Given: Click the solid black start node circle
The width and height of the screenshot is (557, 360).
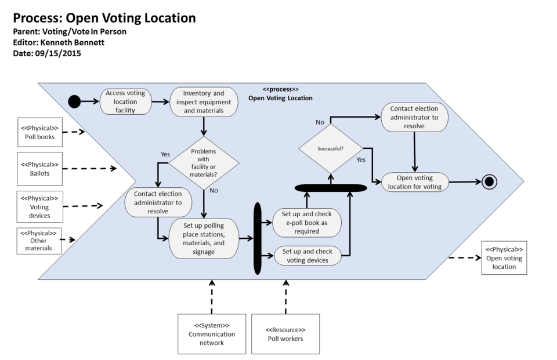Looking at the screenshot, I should click(x=74, y=101).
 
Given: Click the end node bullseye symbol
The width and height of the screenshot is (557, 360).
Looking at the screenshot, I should click(x=490, y=181).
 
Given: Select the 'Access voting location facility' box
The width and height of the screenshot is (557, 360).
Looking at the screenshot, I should click(x=125, y=101).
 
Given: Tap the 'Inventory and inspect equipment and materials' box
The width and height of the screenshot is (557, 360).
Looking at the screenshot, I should click(x=204, y=101).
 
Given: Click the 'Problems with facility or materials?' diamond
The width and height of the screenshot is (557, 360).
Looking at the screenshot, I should click(x=204, y=163).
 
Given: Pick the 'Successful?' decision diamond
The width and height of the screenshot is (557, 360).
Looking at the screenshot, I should click(x=330, y=148).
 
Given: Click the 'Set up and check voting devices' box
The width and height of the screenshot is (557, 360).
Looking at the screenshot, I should click(x=307, y=256).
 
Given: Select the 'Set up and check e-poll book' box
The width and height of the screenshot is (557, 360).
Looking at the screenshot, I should click(x=307, y=223).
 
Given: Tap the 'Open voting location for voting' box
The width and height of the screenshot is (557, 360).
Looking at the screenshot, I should click(x=415, y=182).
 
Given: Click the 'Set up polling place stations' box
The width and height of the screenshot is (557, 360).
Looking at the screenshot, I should click(x=204, y=238).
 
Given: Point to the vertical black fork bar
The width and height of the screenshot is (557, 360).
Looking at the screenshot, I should click(x=258, y=238).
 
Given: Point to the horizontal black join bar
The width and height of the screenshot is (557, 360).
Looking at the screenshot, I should click(x=331, y=188).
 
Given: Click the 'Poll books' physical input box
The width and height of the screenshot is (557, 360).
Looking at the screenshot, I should click(x=39, y=132).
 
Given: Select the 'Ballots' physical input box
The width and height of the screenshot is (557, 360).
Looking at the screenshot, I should click(x=39, y=169).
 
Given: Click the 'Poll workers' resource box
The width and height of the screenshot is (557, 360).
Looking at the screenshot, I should click(x=285, y=334).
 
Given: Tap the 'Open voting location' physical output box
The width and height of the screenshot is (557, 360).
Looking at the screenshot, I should click(x=504, y=258).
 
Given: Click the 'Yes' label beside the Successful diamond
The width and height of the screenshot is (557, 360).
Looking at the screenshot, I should click(x=360, y=159).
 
